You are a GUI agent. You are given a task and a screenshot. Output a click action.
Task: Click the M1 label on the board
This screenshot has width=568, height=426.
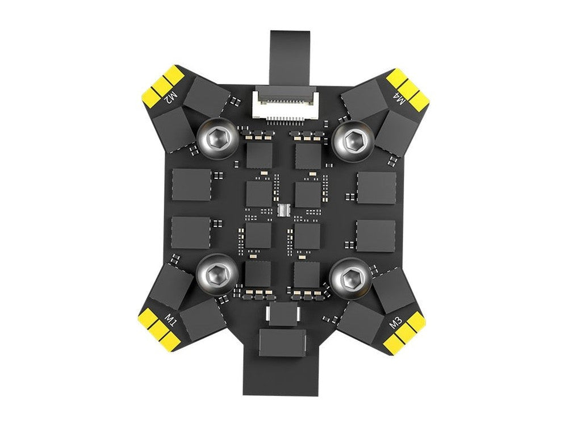coord(170,320)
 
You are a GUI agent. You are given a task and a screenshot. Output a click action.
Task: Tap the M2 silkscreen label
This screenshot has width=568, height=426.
coord(171,98)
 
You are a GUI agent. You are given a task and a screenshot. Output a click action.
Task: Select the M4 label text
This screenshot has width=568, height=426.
coord(399,98)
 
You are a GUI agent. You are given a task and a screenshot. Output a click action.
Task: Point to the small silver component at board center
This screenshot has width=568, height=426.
coord(283,210)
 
